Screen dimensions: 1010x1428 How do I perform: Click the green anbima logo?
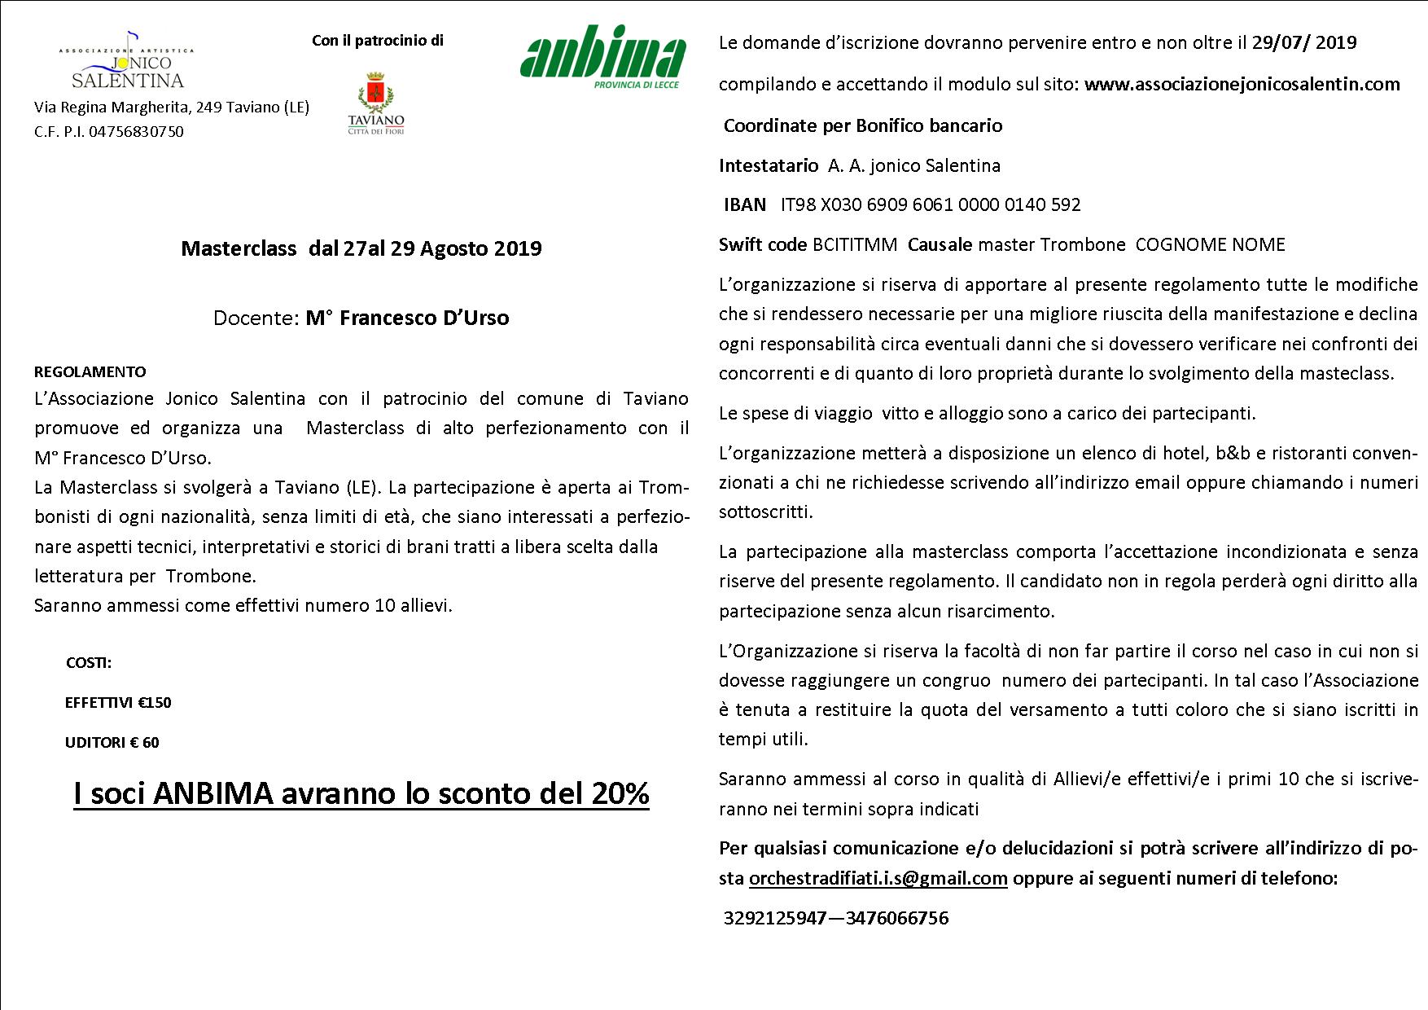point(602,61)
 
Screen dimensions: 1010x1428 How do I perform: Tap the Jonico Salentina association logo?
point(127,62)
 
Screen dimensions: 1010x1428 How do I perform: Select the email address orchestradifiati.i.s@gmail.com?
point(878,878)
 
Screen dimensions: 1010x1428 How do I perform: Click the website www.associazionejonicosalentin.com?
point(1242,84)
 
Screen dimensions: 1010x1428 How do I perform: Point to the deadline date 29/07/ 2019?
point(1304,42)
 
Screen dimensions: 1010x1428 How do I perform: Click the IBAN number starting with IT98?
point(931,204)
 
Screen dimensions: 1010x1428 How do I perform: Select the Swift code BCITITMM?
point(855,244)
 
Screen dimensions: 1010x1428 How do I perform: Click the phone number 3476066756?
point(897,919)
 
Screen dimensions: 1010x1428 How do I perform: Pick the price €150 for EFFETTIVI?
point(155,703)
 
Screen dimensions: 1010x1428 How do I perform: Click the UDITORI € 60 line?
point(112,742)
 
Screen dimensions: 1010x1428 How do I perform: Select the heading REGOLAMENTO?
point(90,372)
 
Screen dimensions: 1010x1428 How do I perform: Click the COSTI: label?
point(89,663)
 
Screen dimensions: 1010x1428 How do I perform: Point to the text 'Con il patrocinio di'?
point(378,41)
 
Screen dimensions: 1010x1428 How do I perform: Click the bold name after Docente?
point(407,318)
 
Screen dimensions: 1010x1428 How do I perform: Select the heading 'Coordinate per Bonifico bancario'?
point(863,125)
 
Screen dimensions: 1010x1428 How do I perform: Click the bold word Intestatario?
point(769,165)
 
